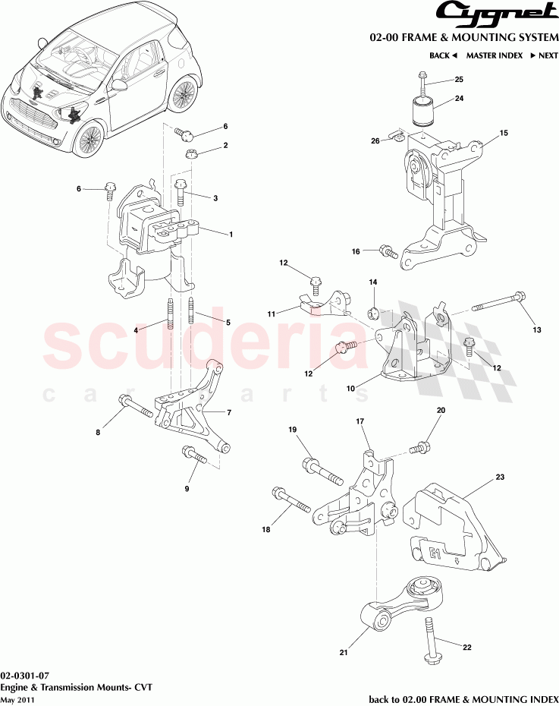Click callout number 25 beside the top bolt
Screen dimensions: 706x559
click(458, 80)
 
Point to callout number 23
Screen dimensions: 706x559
click(500, 477)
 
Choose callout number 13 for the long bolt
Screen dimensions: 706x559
click(537, 329)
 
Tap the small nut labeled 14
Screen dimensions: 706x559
click(374, 311)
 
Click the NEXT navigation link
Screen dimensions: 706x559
click(543, 55)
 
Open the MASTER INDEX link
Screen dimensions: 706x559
click(494, 55)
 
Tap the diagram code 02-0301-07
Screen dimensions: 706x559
click(26, 675)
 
